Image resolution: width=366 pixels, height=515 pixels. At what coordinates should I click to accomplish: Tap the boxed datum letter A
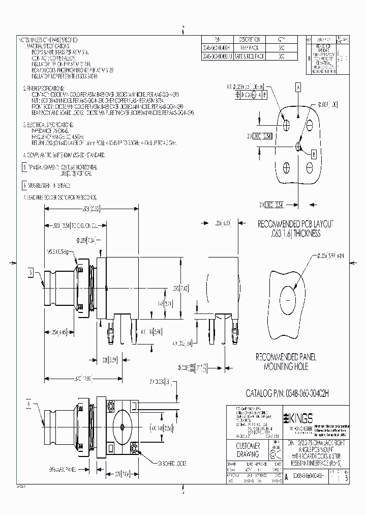298,88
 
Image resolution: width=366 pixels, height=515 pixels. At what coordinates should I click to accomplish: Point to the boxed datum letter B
314,153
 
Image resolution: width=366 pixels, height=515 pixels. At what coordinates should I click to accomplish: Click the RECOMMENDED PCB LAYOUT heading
289,224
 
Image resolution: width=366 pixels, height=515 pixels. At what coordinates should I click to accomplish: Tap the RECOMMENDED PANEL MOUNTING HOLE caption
288,362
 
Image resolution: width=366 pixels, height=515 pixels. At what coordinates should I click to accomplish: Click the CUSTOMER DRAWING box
249,450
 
